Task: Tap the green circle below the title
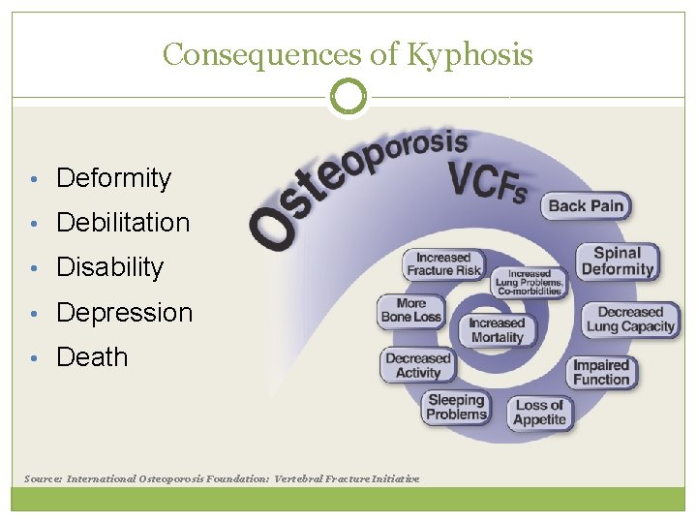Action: (x=348, y=97)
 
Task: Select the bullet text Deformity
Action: (x=113, y=178)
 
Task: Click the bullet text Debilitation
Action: (x=123, y=223)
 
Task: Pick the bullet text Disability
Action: (x=110, y=267)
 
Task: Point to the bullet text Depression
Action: (x=125, y=313)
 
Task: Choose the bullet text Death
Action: (x=92, y=357)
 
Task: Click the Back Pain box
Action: (x=587, y=205)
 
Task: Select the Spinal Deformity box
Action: (x=618, y=261)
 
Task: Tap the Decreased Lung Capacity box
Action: (x=630, y=320)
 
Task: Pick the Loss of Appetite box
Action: (x=539, y=413)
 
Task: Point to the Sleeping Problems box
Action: (x=456, y=408)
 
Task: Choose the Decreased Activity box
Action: (x=418, y=365)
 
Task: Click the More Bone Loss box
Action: (x=411, y=310)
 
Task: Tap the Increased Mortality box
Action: (x=497, y=330)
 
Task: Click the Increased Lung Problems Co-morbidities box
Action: (x=529, y=283)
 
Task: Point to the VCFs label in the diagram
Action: (x=486, y=181)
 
